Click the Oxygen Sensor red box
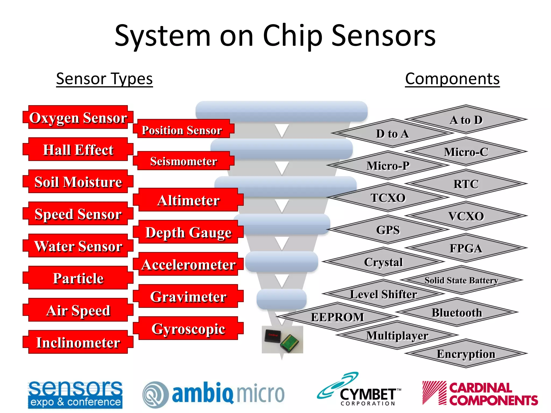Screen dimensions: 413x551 (78, 118)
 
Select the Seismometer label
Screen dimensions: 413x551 (183, 161)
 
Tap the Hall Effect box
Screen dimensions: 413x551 (78, 149)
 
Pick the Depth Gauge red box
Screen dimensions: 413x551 (188, 232)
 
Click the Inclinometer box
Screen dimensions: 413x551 (78, 342)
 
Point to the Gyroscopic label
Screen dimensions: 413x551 (188, 329)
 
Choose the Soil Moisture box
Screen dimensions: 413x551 (78, 182)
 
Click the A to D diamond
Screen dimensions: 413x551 (466, 120)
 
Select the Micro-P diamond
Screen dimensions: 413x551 (388, 165)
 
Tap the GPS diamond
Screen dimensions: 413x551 (388, 230)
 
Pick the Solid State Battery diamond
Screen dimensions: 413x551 (461, 280)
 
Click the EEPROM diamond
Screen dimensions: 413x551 (337, 317)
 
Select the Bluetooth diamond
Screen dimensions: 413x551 (457, 312)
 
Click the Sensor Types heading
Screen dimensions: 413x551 (104, 79)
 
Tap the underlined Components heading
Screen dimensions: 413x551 (452, 79)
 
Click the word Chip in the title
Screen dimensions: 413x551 (292, 36)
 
